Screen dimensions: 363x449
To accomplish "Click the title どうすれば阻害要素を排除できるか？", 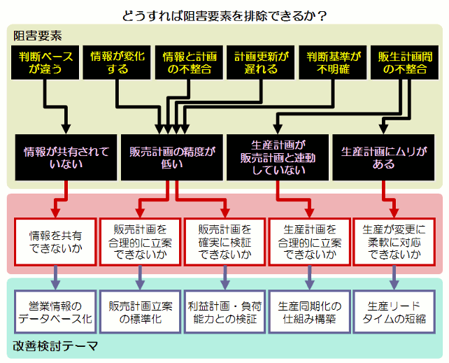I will pos(224,14).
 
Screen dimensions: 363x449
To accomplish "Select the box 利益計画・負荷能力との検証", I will pos(224,312).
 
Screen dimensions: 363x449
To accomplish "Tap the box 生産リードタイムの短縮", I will pos(394,312).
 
